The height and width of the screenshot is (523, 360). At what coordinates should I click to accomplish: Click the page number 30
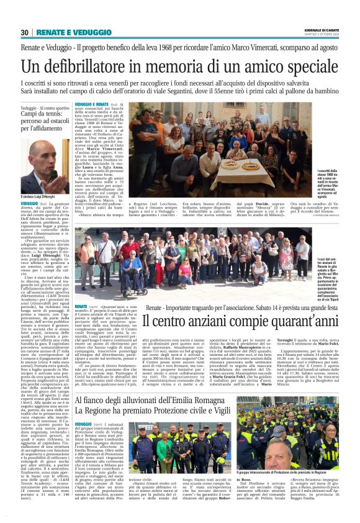(x=25, y=32)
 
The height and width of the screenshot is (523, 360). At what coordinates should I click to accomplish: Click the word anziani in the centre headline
(x=204, y=321)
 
